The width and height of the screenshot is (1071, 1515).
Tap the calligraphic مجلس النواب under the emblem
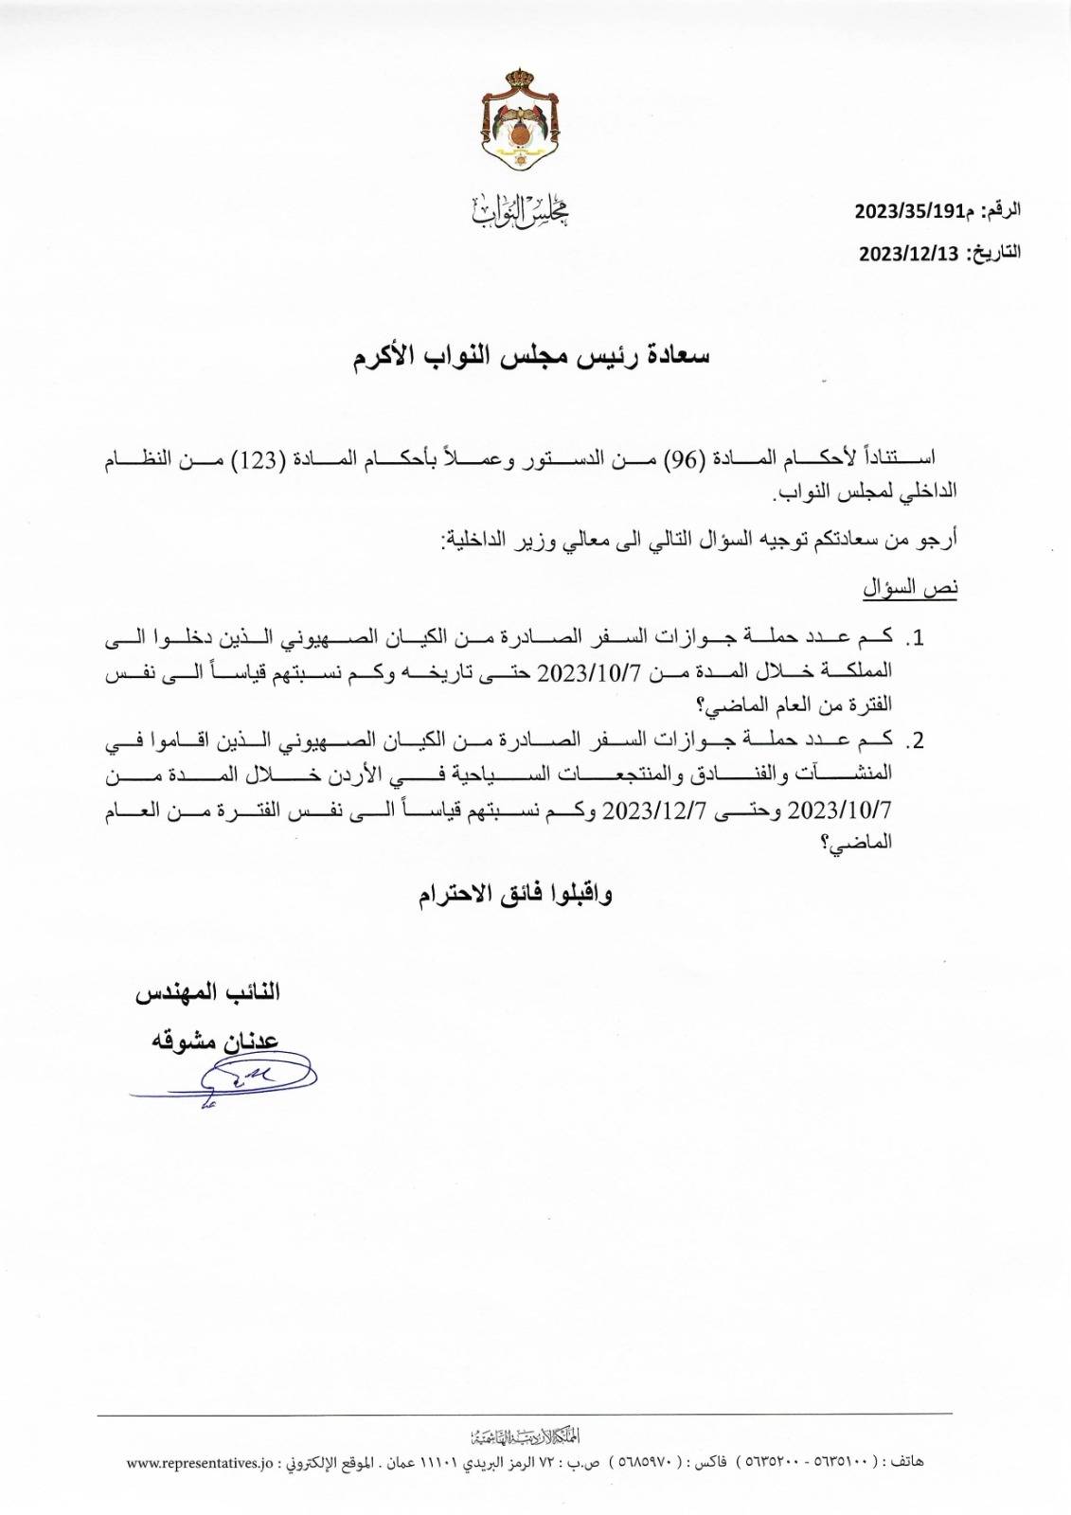pyautogui.click(x=519, y=211)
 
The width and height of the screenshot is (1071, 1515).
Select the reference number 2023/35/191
pyautogui.click(x=908, y=210)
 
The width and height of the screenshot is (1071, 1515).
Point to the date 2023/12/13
pyautogui.click(x=909, y=254)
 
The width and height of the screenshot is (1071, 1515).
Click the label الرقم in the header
pyautogui.click(x=1000, y=210)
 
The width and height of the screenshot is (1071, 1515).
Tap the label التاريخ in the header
pyautogui.click(x=993, y=254)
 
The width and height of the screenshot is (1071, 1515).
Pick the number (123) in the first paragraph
pyautogui.click(x=280, y=459)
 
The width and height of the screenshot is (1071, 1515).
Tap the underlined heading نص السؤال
pyautogui.click(x=909, y=588)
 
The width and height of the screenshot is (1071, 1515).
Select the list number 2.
pyautogui.click(x=914, y=740)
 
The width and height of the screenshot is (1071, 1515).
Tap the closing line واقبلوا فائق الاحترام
pyautogui.click(x=516, y=895)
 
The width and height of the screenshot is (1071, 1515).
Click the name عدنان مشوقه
pyautogui.click(x=216, y=1041)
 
